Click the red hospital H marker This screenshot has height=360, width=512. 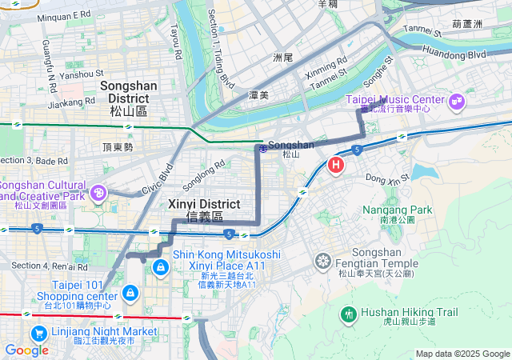click(x=336, y=166)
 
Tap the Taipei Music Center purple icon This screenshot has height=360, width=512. click(x=457, y=101)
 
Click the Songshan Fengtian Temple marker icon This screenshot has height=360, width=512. click(x=323, y=260)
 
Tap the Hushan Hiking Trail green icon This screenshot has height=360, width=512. click(x=348, y=314)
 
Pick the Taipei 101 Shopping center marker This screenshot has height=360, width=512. click(x=130, y=294)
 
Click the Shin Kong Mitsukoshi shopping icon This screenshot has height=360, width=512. click(x=161, y=266)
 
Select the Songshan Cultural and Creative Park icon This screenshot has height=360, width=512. click(x=99, y=192)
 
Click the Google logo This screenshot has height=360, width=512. click(x=26, y=350)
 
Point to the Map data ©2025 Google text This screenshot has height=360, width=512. click(x=462, y=354)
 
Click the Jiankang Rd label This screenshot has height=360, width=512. click(x=71, y=103)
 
